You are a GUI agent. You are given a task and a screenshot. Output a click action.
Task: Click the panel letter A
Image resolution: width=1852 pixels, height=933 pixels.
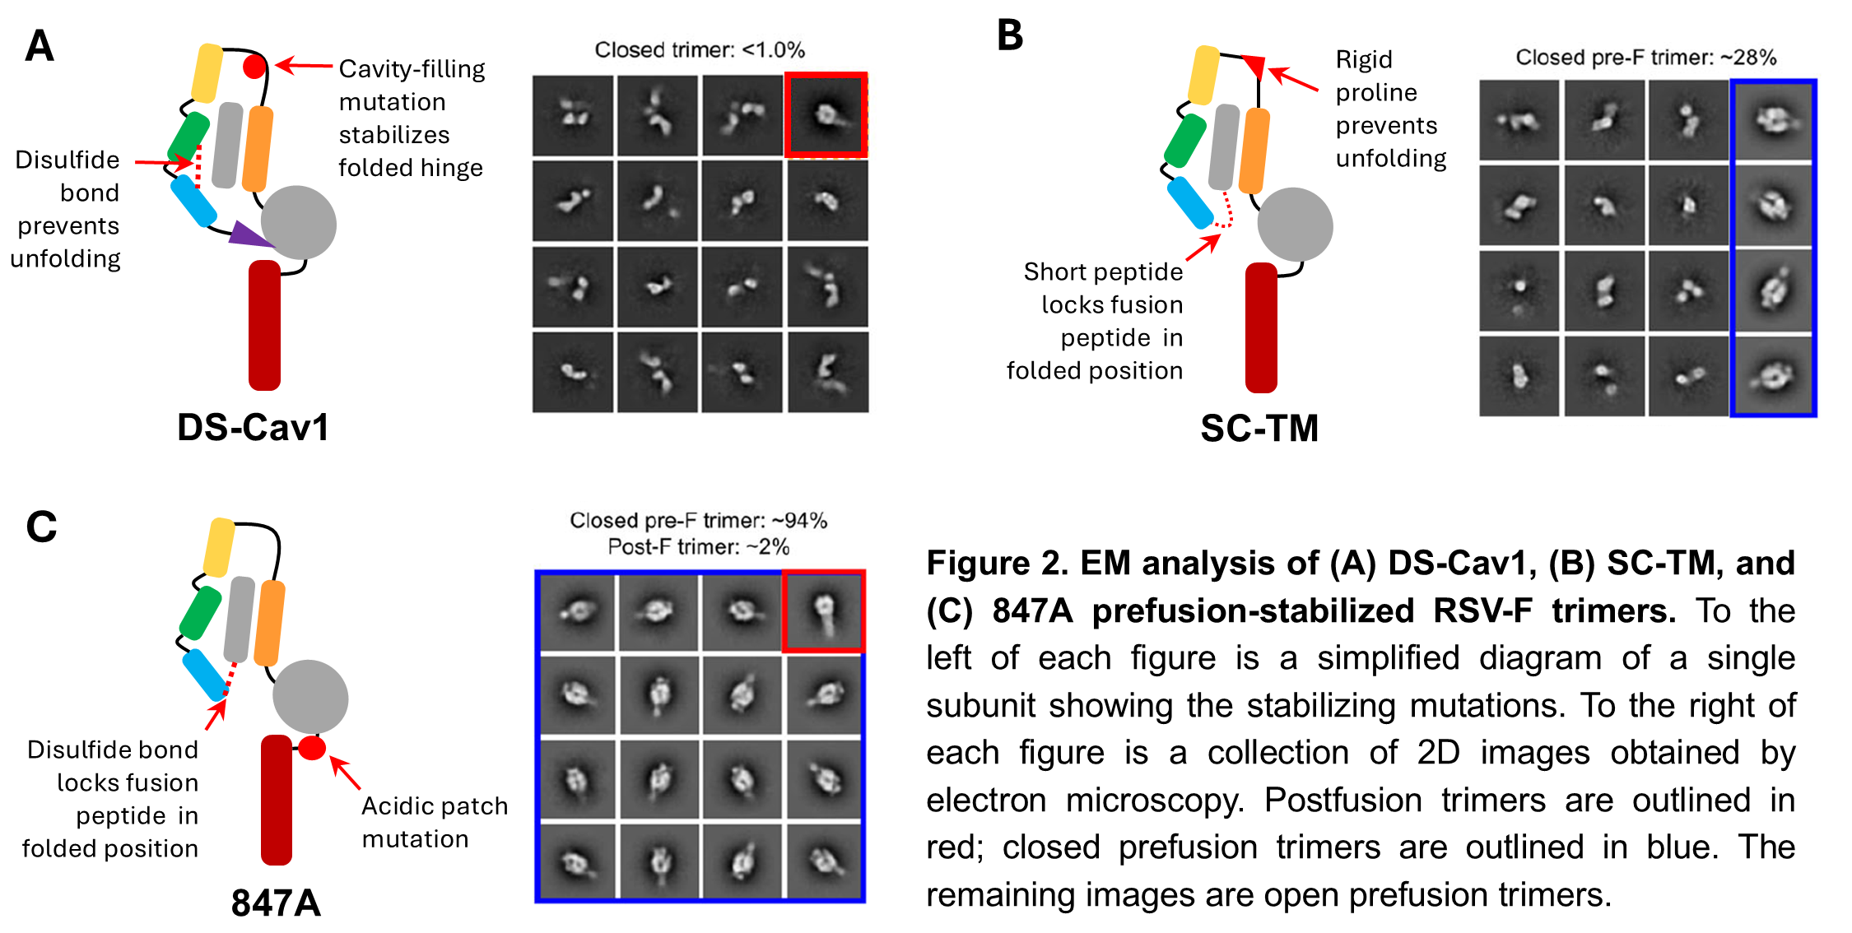click(x=40, y=46)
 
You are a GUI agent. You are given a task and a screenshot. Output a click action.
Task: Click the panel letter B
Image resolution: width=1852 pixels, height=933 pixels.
click(x=1010, y=36)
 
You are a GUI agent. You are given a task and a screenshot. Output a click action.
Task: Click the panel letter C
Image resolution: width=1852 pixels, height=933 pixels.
click(x=41, y=527)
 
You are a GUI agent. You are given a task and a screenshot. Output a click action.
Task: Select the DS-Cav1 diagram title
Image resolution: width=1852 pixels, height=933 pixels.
click(x=254, y=428)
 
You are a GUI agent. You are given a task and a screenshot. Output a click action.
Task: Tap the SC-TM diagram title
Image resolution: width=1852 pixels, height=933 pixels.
click(x=1259, y=429)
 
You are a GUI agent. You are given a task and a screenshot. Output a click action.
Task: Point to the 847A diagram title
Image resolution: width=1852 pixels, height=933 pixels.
click(x=276, y=903)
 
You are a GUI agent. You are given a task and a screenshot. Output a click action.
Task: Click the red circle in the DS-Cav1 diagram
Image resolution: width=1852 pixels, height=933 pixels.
click(x=255, y=67)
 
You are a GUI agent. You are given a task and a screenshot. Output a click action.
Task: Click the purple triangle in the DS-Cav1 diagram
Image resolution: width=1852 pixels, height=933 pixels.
click(x=249, y=235)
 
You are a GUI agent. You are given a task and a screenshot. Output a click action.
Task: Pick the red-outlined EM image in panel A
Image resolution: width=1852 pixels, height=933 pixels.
click(x=826, y=115)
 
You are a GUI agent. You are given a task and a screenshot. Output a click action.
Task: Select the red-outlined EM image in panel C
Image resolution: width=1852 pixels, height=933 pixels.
click(x=823, y=611)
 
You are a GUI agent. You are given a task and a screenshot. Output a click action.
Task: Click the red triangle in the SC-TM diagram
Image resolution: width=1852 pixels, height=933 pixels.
click(x=1254, y=65)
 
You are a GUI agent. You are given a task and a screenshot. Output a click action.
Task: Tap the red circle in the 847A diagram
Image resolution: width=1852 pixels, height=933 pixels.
click(x=312, y=748)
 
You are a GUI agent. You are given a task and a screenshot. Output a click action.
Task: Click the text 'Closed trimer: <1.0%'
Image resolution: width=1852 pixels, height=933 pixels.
click(x=700, y=50)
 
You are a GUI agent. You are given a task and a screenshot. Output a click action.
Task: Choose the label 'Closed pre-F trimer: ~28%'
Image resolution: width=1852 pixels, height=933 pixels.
click(x=1646, y=58)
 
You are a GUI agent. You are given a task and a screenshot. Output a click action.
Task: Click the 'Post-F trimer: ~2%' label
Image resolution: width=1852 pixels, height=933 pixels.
click(x=699, y=547)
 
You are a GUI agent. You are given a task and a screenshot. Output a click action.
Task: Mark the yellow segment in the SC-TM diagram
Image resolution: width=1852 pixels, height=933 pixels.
click(x=1204, y=75)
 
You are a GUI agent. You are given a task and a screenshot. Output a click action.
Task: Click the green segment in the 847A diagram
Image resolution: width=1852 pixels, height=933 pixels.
click(x=200, y=613)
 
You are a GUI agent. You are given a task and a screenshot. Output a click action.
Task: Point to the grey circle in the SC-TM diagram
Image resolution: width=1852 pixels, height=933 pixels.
click(x=1295, y=225)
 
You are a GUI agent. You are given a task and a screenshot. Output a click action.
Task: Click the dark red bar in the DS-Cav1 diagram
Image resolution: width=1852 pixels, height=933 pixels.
click(x=264, y=325)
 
